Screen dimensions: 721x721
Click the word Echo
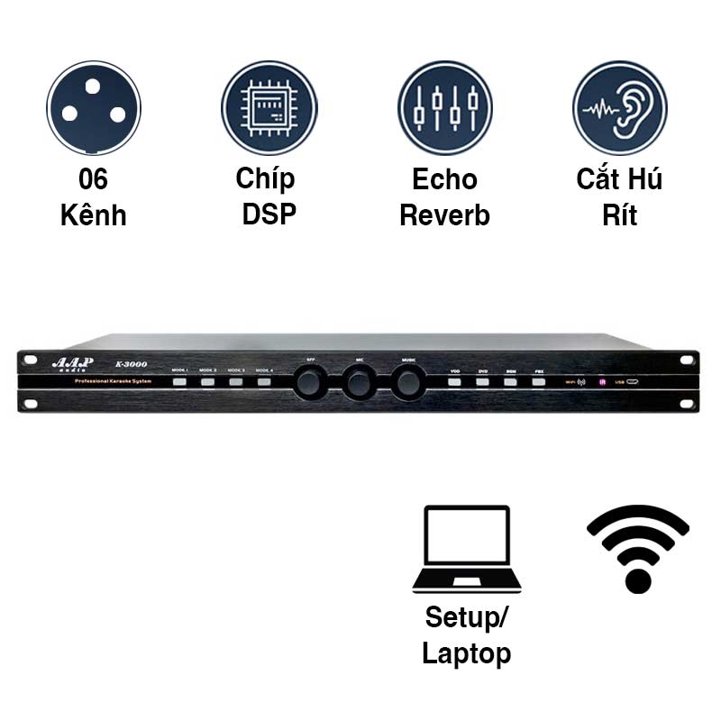(x=444, y=179)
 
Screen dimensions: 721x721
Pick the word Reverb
(x=444, y=215)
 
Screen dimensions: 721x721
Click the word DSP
(x=269, y=215)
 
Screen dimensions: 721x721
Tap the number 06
(x=94, y=179)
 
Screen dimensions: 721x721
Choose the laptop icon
(x=467, y=550)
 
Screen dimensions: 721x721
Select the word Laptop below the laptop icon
(x=467, y=653)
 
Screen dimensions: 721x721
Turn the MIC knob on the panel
(x=359, y=382)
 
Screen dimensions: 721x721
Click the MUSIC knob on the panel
(x=408, y=382)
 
